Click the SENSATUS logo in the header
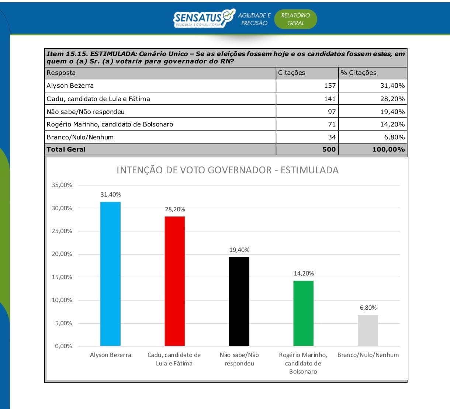(x=204, y=18)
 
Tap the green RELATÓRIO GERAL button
(x=295, y=19)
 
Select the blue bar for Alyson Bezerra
(x=110, y=274)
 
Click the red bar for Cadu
(x=174, y=281)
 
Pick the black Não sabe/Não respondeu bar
(x=239, y=301)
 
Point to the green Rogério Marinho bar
(x=303, y=313)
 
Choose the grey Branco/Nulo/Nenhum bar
(x=368, y=330)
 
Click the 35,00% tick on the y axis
(x=62, y=185)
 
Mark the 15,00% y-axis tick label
(x=62, y=277)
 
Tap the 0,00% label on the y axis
(x=63, y=346)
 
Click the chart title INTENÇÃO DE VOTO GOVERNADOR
(x=227, y=170)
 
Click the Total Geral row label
(x=66, y=149)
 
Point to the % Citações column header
(x=359, y=73)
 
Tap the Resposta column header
(x=61, y=73)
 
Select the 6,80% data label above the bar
(x=368, y=308)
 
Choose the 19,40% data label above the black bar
(x=239, y=250)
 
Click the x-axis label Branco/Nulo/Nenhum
(x=368, y=355)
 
